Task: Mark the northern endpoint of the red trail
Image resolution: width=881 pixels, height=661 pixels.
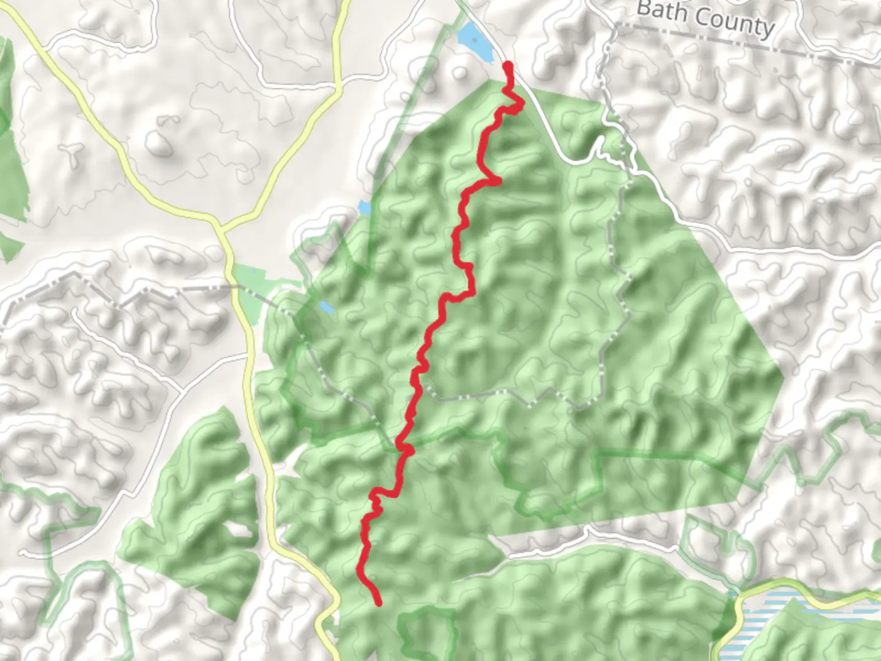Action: [x=507, y=65]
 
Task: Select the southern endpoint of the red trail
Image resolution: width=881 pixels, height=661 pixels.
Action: [x=379, y=602]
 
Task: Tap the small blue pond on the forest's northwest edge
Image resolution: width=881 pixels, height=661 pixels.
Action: [x=365, y=208]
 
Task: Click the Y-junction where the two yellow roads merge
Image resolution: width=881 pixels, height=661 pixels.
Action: [x=220, y=230]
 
